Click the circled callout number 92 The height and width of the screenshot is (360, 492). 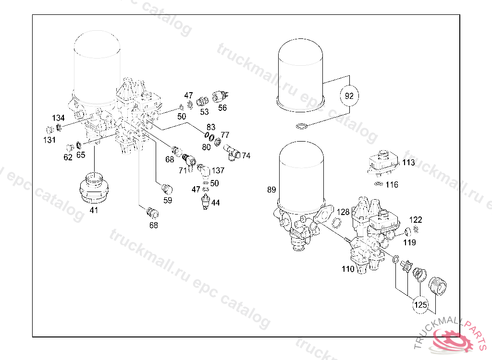pyautogui.click(x=349, y=96)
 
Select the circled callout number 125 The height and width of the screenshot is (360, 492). pyautogui.click(x=420, y=304)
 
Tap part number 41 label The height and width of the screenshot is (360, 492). pyautogui.click(x=94, y=210)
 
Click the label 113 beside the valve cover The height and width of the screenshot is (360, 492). pyautogui.click(x=408, y=162)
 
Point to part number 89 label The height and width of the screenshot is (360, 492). pyautogui.click(x=271, y=190)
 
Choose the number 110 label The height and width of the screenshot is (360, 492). pyautogui.click(x=348, y=269)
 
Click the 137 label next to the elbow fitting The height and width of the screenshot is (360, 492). pyautogui.click(x=218, y=170)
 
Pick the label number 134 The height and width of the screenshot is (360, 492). pyautogui.click(x=58, y=118)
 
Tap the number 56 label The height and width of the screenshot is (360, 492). pyautogui.click(x=222, y=108)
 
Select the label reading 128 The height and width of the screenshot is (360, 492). pyautogui.click(x=343, y=212)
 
